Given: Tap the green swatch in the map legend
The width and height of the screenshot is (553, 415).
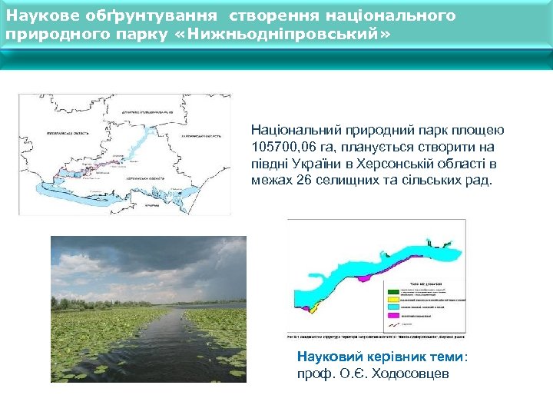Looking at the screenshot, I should (393, 290).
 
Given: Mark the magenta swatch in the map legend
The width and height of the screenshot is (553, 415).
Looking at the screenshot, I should (393, 315).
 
